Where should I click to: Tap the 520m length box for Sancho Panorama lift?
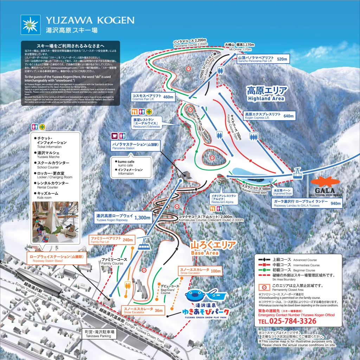point(282,59)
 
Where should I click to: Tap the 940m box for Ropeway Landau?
point(336,203)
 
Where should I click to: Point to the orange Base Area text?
point(210,247)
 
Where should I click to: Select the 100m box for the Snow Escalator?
point(214,271)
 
